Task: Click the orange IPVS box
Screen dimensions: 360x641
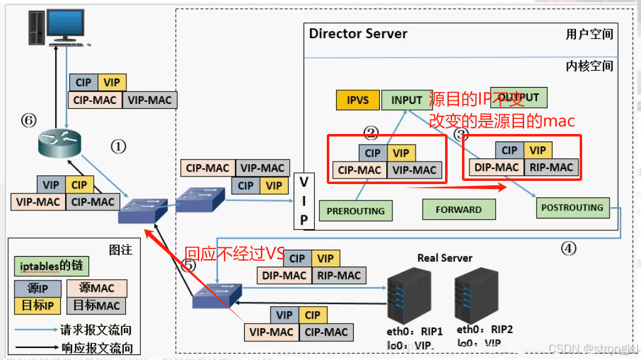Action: point(358,100)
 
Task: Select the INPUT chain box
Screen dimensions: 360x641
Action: point(406,100)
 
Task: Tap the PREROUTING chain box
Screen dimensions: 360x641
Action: point(356,211)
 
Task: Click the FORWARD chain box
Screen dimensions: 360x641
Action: point(459,210)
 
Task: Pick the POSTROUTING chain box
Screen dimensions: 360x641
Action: point(572,207)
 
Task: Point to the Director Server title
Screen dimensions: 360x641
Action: point(358,34)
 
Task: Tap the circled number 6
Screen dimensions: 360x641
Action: point(29,120)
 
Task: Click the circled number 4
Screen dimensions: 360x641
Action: point(568,249)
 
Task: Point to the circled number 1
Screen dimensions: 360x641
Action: point(118,147)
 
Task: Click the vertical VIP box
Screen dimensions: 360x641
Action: point(304,201)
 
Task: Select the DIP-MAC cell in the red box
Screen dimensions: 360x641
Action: point(496,167)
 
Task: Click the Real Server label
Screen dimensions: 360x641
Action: point(444,257)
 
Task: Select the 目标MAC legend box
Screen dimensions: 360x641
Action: point(96,305)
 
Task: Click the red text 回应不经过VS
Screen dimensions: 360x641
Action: point(234,254)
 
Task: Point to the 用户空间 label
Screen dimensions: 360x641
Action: point(589,34)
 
